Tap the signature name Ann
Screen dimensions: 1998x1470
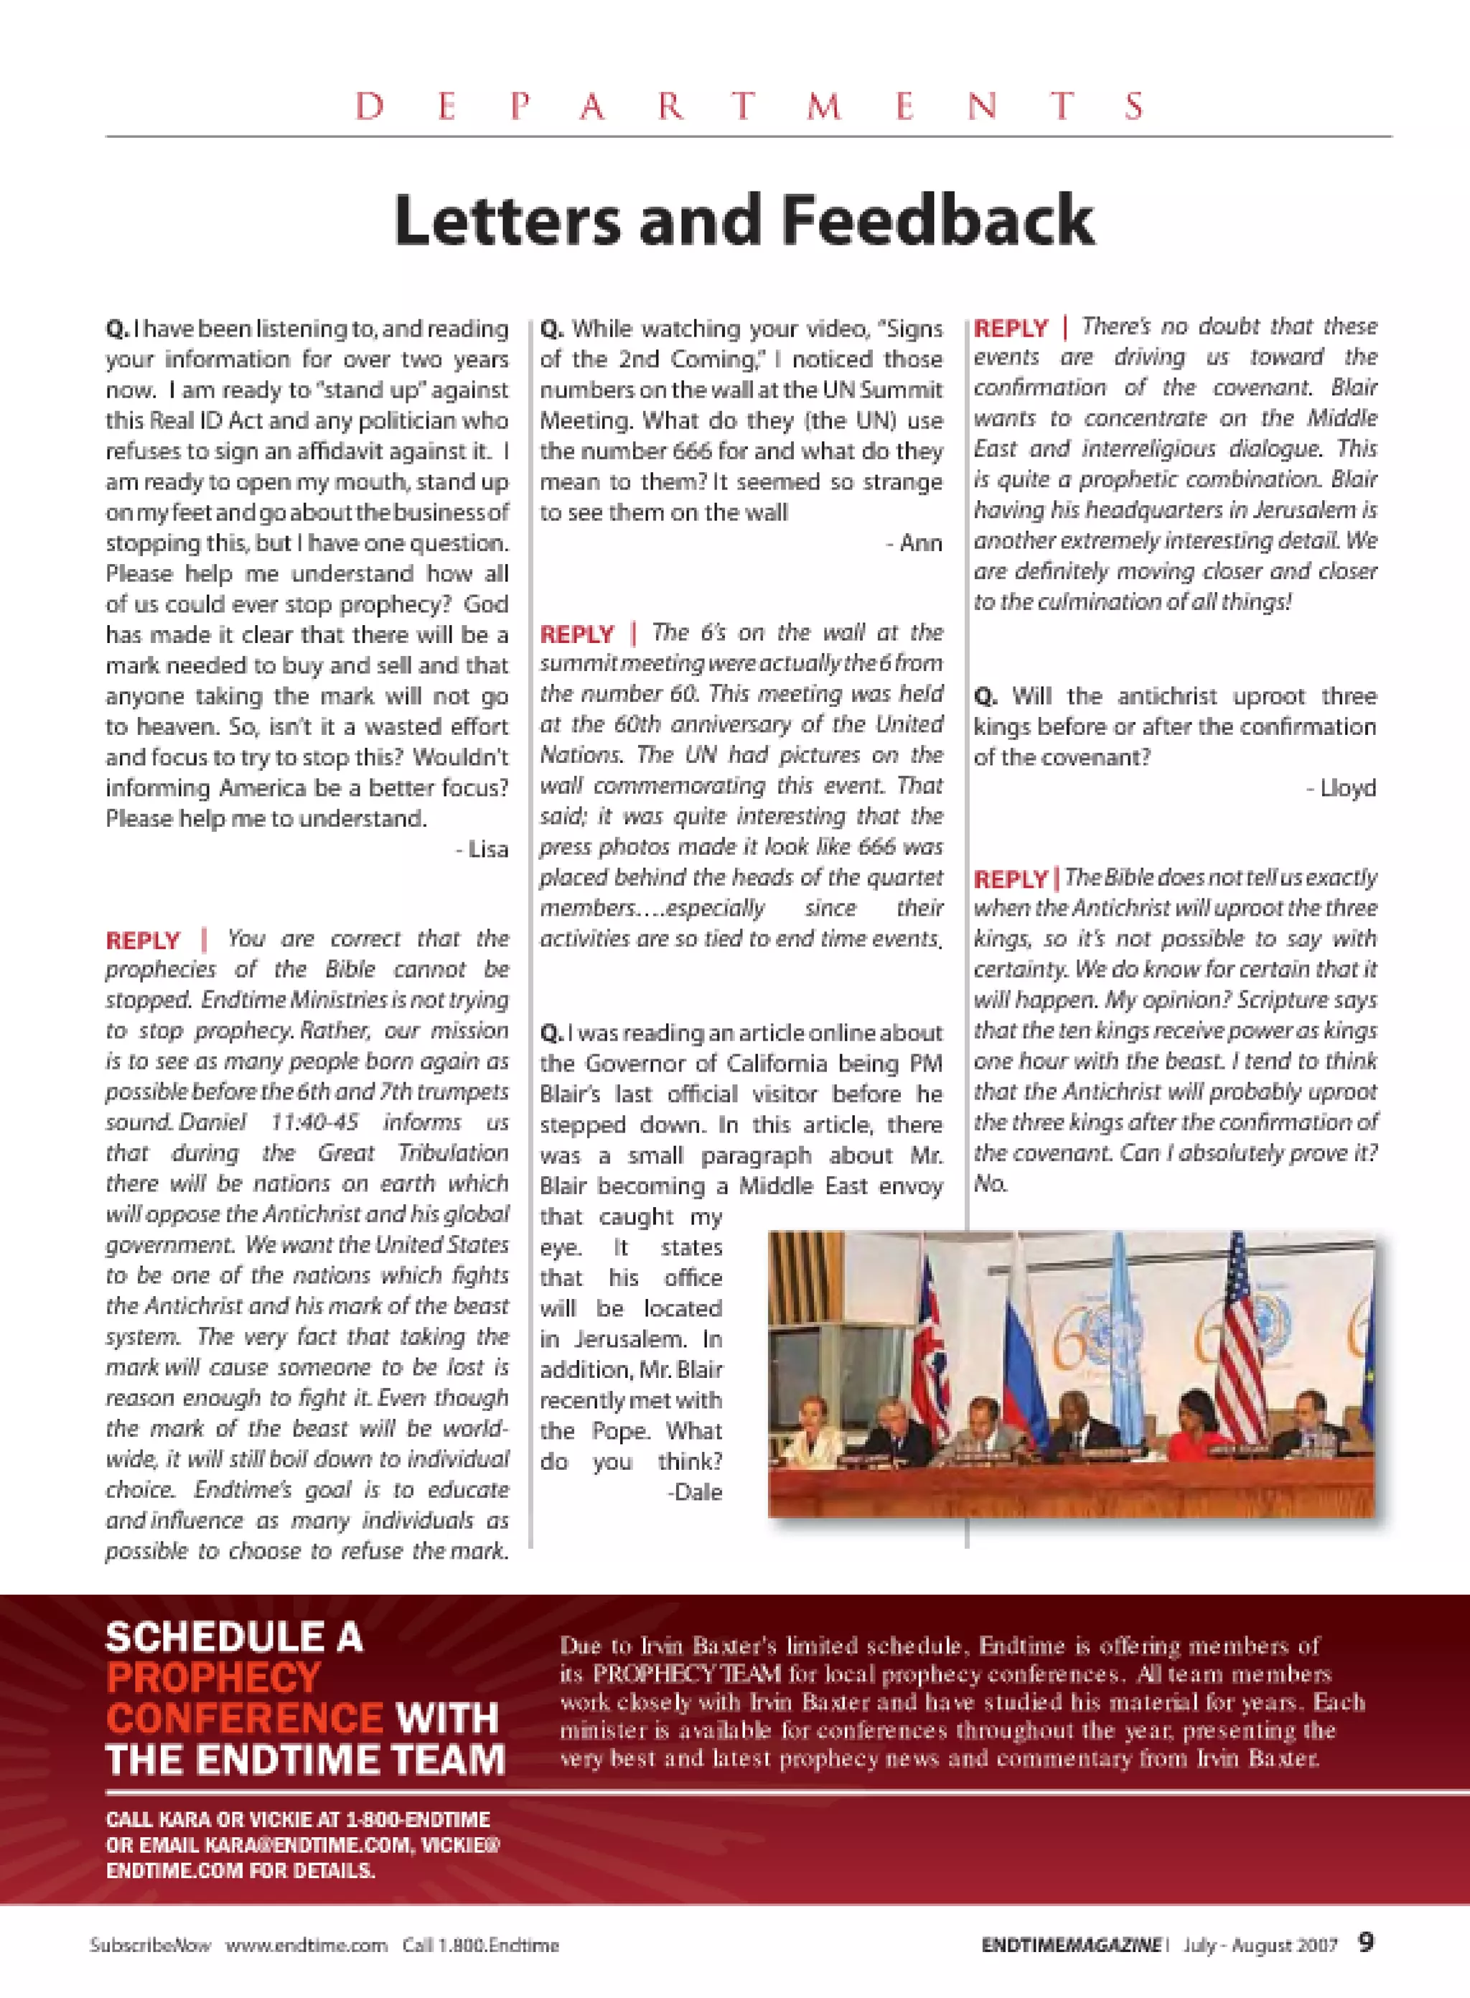pos(920,543)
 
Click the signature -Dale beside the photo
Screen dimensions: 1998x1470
pos(695,1492)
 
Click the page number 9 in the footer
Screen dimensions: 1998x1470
pos(1366,1942)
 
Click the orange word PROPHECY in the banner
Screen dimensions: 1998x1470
pos(214,1678)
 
